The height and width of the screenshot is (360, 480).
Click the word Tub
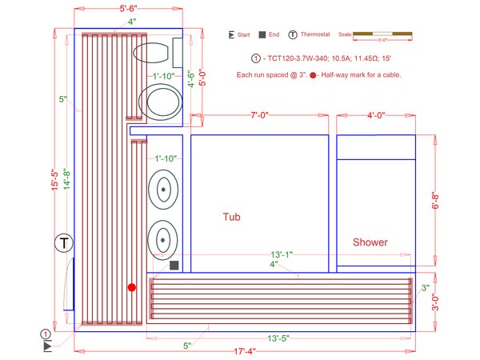[x=231, y=217]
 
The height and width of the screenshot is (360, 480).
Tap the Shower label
[x=370, y=242]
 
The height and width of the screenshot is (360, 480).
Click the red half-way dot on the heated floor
[x=132, y=286]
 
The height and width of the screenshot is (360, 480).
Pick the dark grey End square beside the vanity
[x=174, y=265]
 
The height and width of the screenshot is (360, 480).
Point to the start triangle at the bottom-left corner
[x=48, y=346]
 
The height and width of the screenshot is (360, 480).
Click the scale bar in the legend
[x=382, y=34]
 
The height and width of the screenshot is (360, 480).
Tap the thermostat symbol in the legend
[x=294, y=35]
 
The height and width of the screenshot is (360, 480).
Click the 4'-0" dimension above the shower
[x=375, y=116]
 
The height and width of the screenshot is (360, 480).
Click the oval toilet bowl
[x=153, y=54]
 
